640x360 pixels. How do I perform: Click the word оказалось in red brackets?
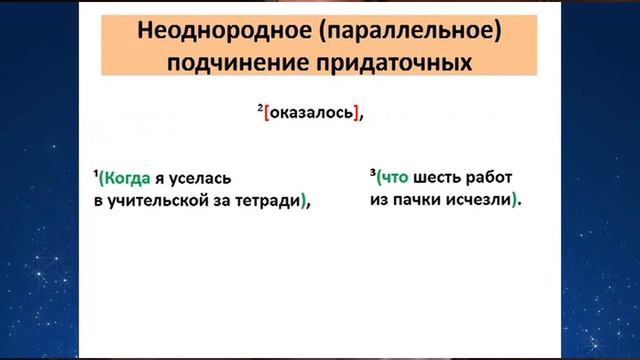pos(312,112)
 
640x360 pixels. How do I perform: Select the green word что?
pos(391,177)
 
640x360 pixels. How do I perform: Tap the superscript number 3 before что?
pos(370,171)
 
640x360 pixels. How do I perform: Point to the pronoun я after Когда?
pos(160,179)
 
